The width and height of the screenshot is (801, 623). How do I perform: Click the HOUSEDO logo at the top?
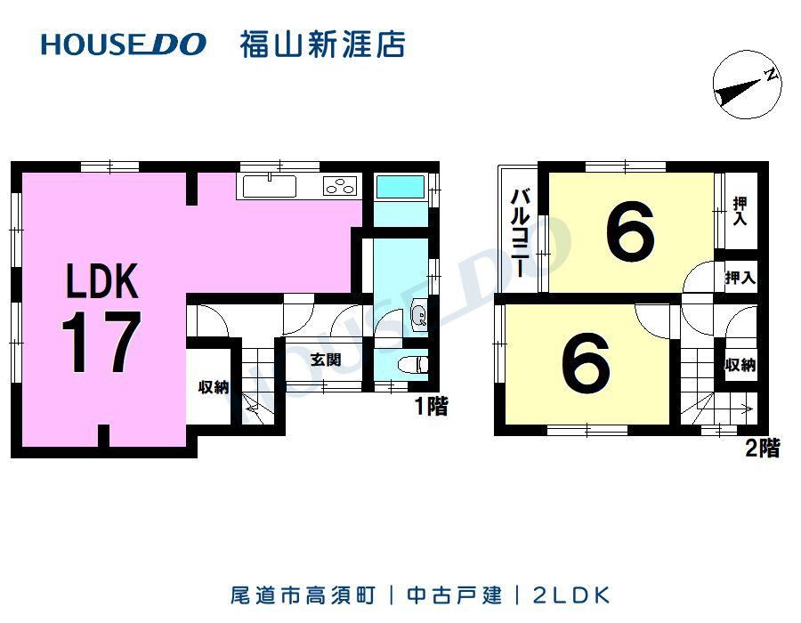tap(124, 44)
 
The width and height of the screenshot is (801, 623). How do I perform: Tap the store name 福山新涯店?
tap(323, 44)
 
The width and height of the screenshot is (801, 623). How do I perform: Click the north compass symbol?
tap(748, 85)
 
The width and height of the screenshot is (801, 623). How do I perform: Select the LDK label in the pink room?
tap(102, 280)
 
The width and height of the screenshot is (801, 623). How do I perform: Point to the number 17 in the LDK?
tap(101, 342)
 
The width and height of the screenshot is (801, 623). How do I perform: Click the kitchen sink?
tap(269, 186)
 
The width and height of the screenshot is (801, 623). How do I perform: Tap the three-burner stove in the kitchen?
tap(340, 186)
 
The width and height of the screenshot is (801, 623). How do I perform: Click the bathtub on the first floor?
tap(400, 187)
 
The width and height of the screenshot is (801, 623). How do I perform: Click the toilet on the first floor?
tap(413, 365)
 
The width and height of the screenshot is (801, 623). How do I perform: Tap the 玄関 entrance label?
tap(326, 360)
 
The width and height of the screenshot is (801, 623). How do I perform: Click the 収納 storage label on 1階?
tap(214, 387)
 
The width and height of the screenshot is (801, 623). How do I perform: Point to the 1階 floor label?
tap(432, 407)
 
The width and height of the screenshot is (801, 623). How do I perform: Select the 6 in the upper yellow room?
tap(630, 231)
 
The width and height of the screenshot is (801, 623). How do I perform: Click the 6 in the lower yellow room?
tap(586, 362)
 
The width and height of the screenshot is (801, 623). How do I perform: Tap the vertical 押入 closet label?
tap(740, 211)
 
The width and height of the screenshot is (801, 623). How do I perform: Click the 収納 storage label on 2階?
tap(740, 365)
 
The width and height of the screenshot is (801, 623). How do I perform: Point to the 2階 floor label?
tap(763, 449)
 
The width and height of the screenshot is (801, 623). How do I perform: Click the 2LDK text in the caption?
tap(571, 595)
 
